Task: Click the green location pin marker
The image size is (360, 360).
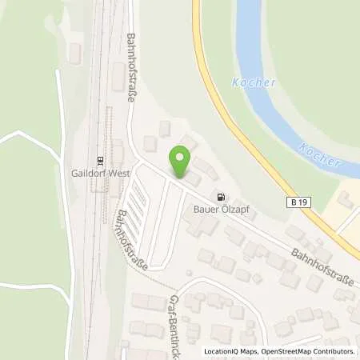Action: pos(182,162)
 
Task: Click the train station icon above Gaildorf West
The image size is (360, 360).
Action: pos(101,159)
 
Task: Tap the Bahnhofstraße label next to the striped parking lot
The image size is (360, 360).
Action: pos(132,241)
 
